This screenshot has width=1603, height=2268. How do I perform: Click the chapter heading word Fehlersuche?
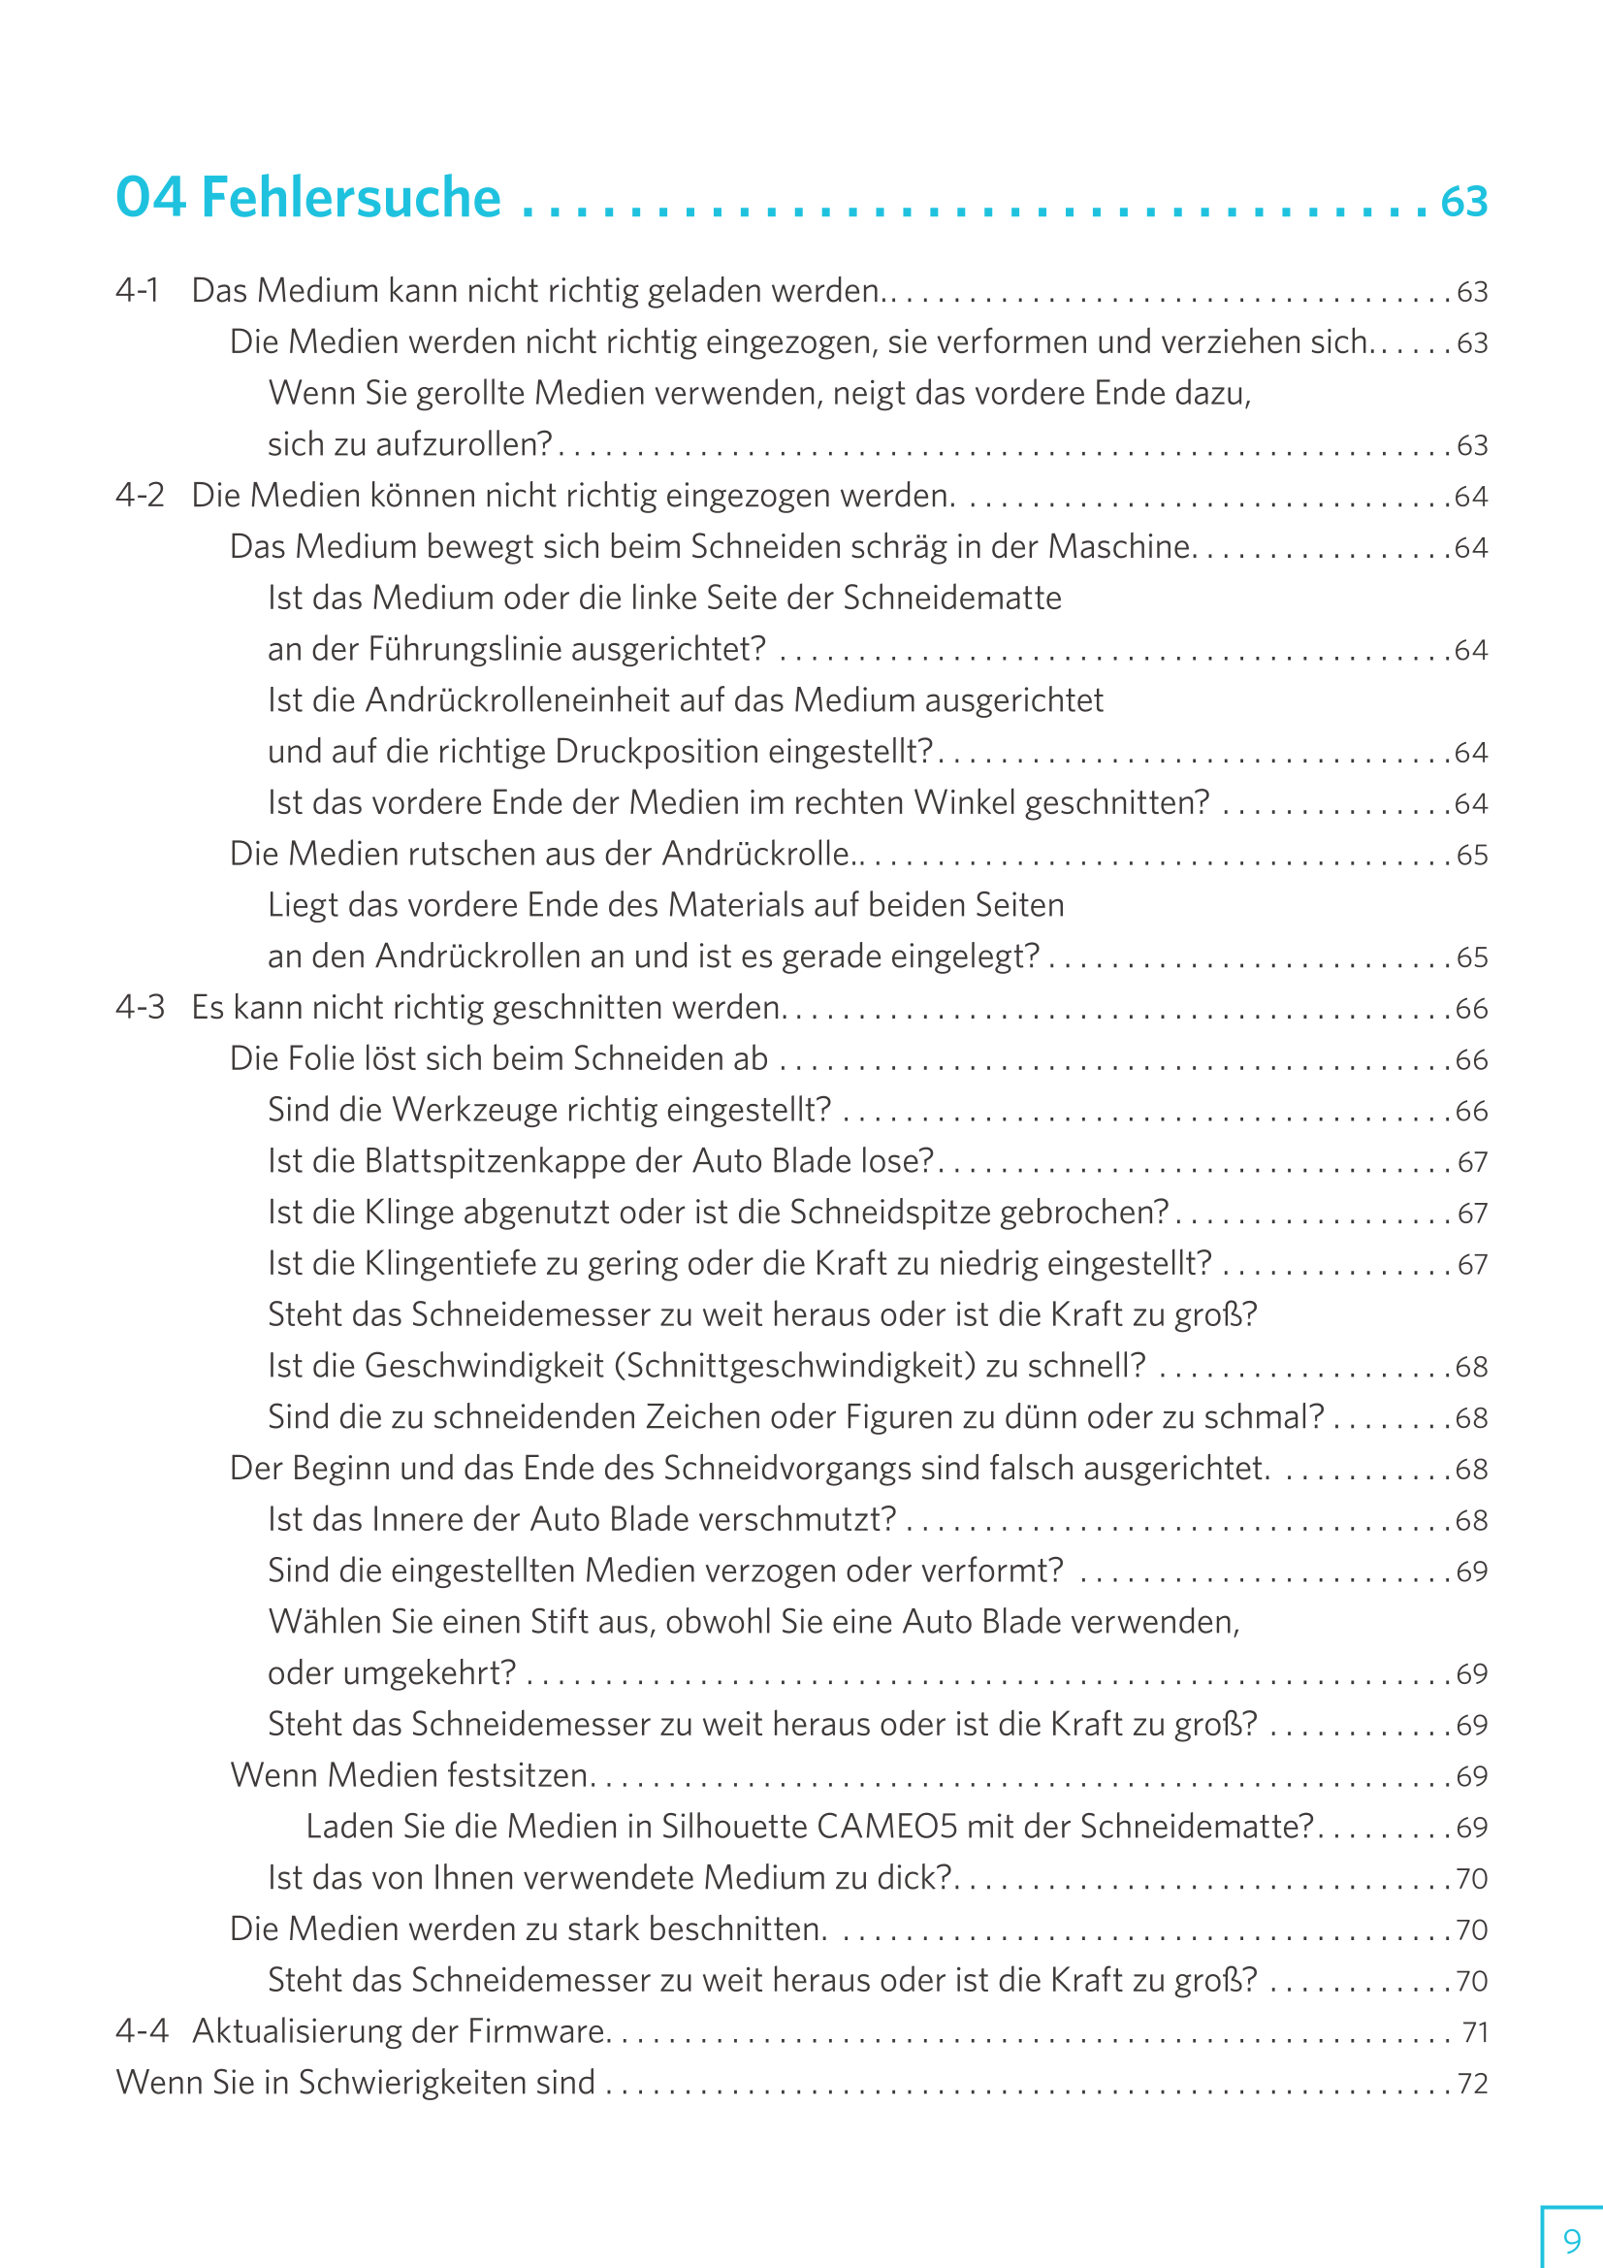point(351,198)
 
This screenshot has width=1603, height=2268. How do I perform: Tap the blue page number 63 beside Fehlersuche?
point(1463,202)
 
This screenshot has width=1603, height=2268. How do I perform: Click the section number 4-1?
point(138,290)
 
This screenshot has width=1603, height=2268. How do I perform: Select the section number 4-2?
point(140,495)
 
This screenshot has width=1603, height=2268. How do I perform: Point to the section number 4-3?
point(140,1007)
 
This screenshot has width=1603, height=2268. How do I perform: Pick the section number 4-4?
point(142,2030)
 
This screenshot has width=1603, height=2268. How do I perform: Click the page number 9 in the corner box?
point(1571,2239)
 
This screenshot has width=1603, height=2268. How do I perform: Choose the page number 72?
point(1473,2084)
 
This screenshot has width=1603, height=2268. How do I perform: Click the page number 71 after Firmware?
point(1475,2032)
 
